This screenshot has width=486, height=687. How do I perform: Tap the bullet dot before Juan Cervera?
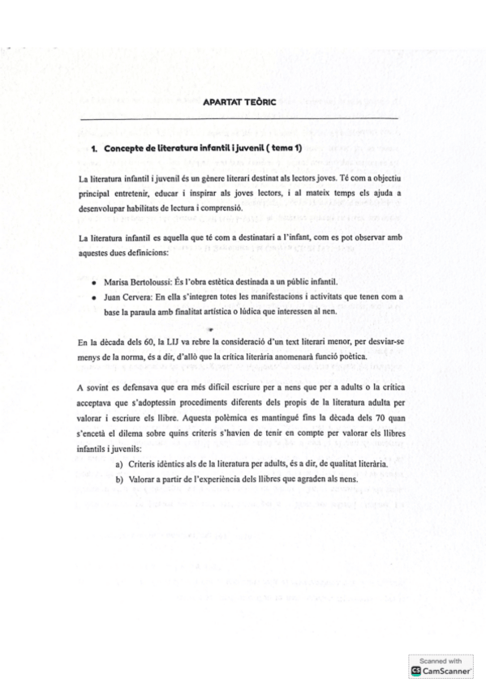pyautogui.click(x=96, y=297)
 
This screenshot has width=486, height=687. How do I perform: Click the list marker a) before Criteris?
pyautogui.click(x=120, y=465)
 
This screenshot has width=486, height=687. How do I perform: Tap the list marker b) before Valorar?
pyautogui.click(x=120, y=480)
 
